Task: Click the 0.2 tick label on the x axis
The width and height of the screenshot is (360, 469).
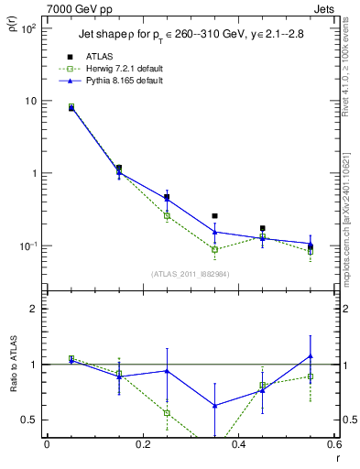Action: (142, 445)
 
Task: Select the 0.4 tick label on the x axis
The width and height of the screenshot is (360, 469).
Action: (238, 445)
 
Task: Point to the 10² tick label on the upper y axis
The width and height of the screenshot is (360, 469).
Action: (27, 28)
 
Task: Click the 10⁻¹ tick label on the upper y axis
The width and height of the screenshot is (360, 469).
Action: (27, 245)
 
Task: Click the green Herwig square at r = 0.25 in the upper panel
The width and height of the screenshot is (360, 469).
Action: (167, 216)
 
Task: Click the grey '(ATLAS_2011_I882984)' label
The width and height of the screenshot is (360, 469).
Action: (191, 274)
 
